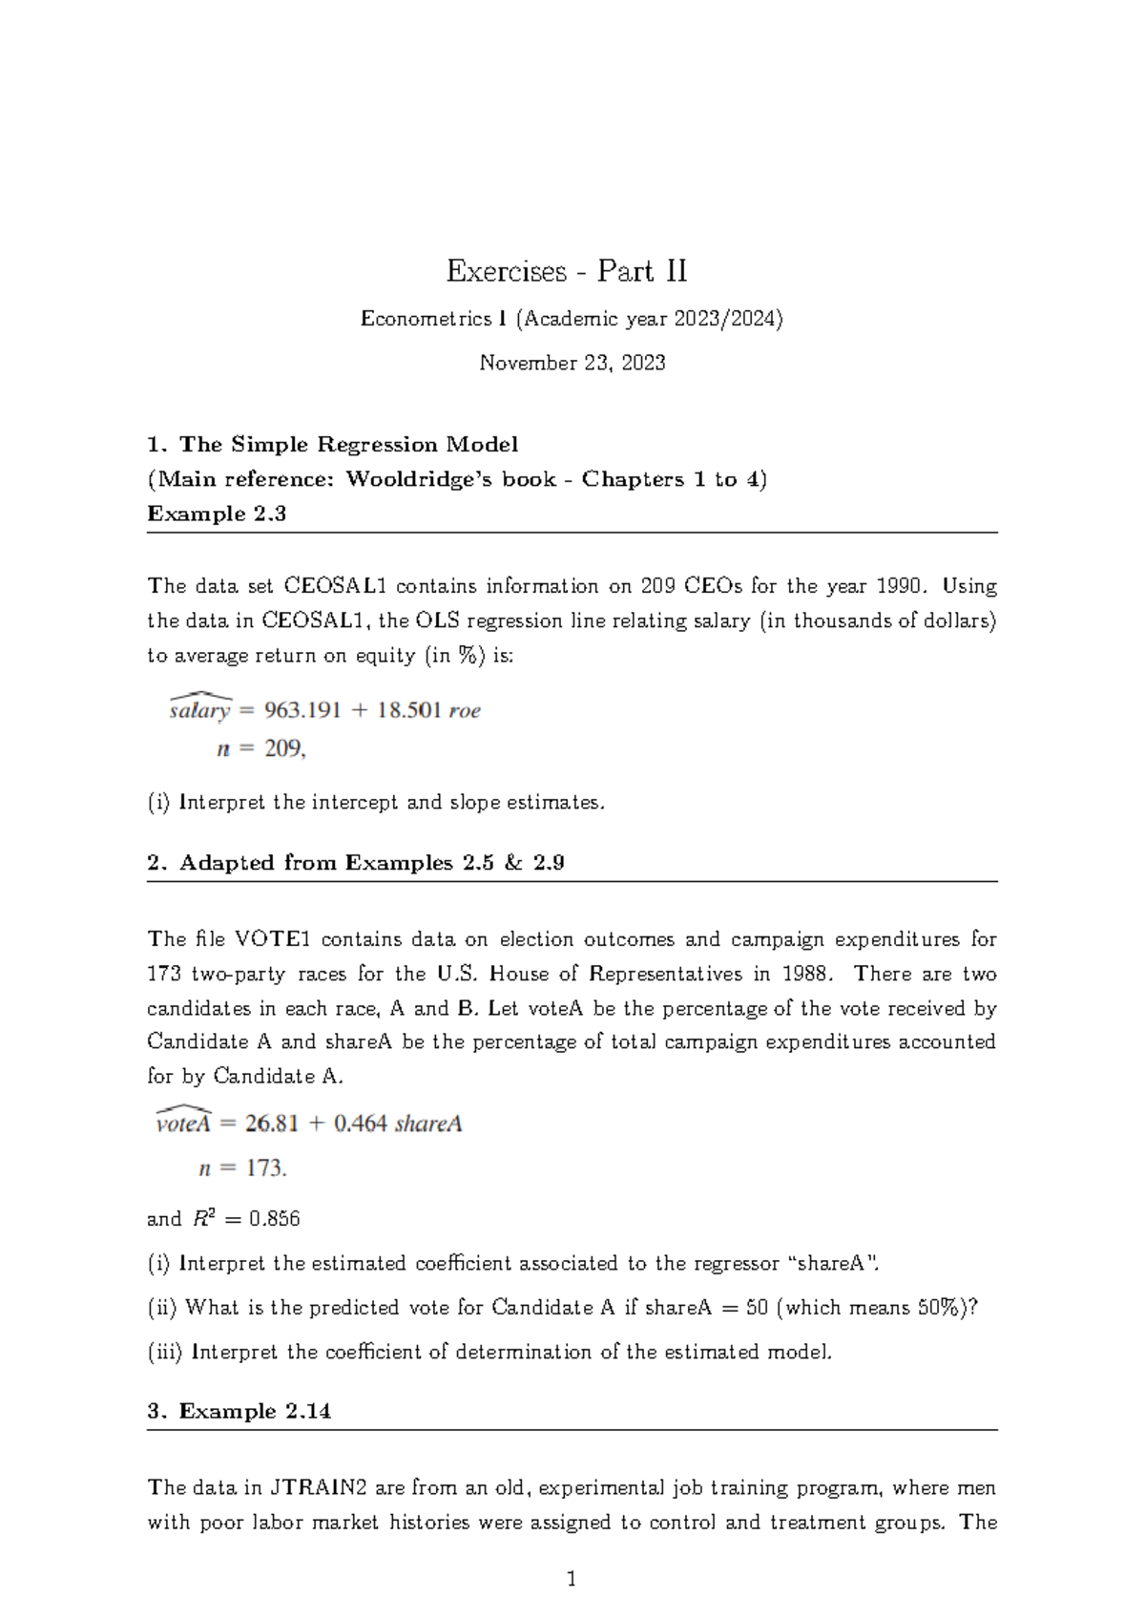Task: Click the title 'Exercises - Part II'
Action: coord(567,272)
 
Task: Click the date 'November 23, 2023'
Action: coord(572,363)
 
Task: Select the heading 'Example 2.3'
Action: coord(217,514)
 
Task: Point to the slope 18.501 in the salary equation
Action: coord(408,710)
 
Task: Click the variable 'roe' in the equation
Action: coord(465,711)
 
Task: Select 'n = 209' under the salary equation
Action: coord(260,749)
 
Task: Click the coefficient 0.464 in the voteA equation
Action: coord(360,1124)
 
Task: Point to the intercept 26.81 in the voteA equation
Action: coord(271,1124)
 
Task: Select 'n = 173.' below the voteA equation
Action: coord(242,1168)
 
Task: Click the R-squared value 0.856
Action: coord(275,1219)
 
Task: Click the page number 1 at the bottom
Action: coord(572,1580)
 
